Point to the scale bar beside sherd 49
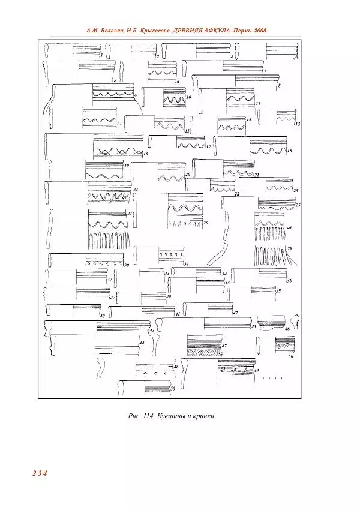pyautogui.click(x=272, y=379)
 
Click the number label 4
pyautogui.click(x=295, y=59)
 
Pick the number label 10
pyautogui.click(x=188, y=97)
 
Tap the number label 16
pyautogui.click(x=146, y=154)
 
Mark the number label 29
pyautogui.click(x=290, y=248)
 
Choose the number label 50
pyautogui.click(x=290, y=356)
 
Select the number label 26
pyautogui.click(x=205, y=223)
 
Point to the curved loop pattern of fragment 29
pyautogui.click(x=270, y=256)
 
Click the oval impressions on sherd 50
pyautogui.click(x=282, y=346)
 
